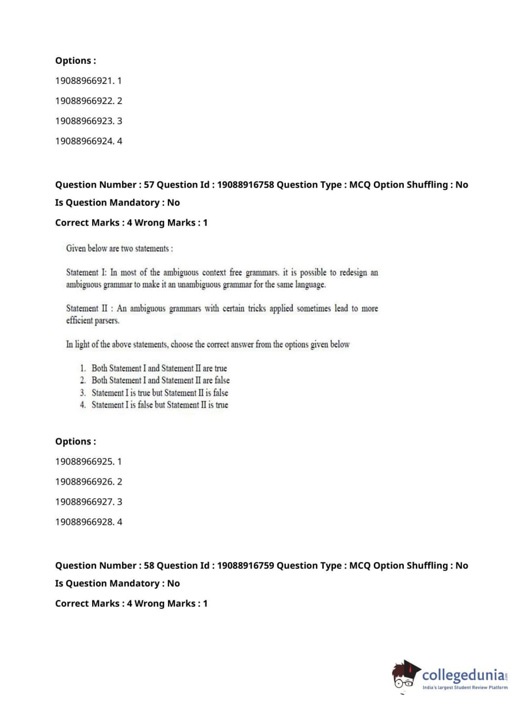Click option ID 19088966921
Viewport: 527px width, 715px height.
coord(88,81)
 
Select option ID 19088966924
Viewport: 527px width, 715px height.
coord(88,141)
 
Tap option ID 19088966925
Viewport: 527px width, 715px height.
coord(88,461)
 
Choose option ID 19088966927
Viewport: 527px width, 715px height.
coord(88,501)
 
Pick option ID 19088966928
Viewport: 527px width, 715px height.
coord(88,521)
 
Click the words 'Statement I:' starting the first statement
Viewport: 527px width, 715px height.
coord(86,273)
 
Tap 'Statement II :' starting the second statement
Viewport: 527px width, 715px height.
coord(89,308)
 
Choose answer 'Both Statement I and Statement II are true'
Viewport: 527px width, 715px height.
coord(159,368)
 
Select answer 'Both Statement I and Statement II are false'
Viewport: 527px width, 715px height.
coord(161,380)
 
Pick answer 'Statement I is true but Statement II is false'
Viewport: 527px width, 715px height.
coord(160,393)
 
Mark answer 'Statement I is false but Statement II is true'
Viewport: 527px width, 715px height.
coord(160,405)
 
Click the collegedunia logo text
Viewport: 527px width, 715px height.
coord(463,674)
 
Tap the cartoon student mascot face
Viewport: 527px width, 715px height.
coord(404,675)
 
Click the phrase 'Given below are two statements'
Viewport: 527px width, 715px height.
coord(119,248)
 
